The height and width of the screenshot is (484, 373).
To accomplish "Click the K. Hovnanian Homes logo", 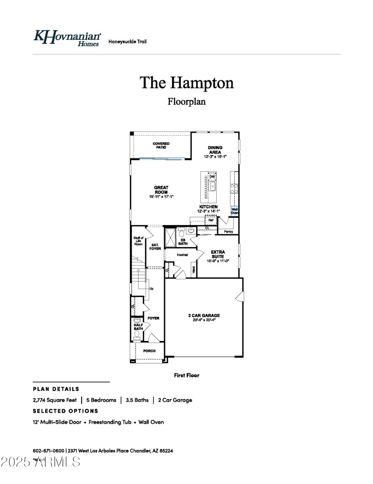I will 67,38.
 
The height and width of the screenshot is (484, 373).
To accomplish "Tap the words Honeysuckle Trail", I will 127,42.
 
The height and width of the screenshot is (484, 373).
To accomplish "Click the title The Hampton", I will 186,83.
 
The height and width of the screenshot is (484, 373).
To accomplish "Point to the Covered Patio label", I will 161,145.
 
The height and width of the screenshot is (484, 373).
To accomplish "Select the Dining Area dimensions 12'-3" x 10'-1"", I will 215,157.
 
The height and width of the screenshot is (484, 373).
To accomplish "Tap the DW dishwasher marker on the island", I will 212,176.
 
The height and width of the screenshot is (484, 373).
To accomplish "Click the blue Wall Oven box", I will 235,211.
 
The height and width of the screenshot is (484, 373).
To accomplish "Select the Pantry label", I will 228,231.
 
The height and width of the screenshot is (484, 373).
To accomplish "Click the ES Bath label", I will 183,242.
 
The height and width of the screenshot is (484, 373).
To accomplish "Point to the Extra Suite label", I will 218,254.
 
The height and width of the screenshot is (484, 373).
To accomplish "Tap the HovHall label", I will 182,255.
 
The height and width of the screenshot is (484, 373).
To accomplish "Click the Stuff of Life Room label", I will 138,241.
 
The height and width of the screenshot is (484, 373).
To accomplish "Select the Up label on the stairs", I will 151,289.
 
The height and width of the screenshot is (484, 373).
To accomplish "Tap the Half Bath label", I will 138,327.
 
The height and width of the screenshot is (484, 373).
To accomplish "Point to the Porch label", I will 149,351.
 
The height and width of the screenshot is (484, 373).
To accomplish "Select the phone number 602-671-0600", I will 48,451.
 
